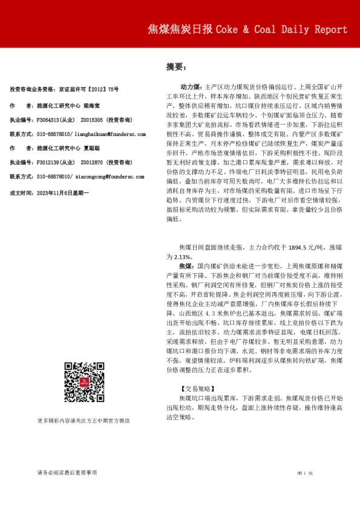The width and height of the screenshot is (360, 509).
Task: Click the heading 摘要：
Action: click(177, 67)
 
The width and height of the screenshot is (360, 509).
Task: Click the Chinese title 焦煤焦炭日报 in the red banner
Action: click(180, 30)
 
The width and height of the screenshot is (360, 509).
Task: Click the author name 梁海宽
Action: click(92, 105)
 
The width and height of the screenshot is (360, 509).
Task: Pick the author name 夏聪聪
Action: click(92, 148)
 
